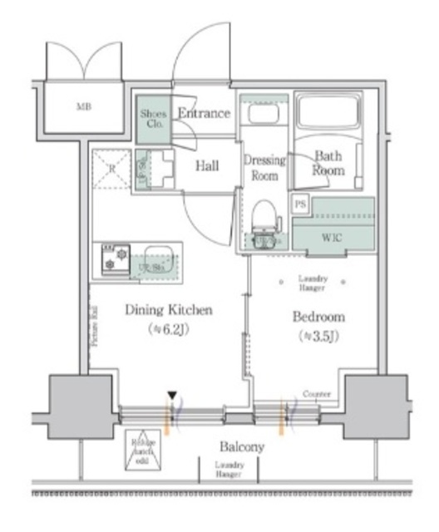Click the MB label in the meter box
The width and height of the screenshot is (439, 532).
pyautogui.click(x=85, y=107)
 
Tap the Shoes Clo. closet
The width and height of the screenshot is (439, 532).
pyautogui.click(x=154, y=119)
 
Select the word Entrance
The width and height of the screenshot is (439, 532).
pyautogui.click(x=204, y=113)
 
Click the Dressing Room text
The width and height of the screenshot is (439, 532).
pyautogui.click(x=264, y=167)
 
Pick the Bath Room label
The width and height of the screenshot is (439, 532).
pyautogui.click(x=328, y=162)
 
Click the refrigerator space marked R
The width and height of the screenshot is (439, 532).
pyautogui.click(x=111, y=169)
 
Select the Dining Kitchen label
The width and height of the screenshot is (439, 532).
pyautogui.click(x=169, y=310)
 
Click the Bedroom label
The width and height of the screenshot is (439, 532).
pyautogui.click(x=318, y=318)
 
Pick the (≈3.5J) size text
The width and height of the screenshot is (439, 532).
pyautogui.click(x=318, y=337)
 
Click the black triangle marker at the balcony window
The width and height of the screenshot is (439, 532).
pyautogui.click(x=172, y=396)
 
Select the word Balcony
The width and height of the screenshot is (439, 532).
pyautogui.click(x=242, y=446)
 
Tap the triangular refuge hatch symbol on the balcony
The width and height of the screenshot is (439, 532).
pyautogui.click(x=142, y=448)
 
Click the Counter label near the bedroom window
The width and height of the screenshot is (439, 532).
pyautogui.click(x=318, y=394)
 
